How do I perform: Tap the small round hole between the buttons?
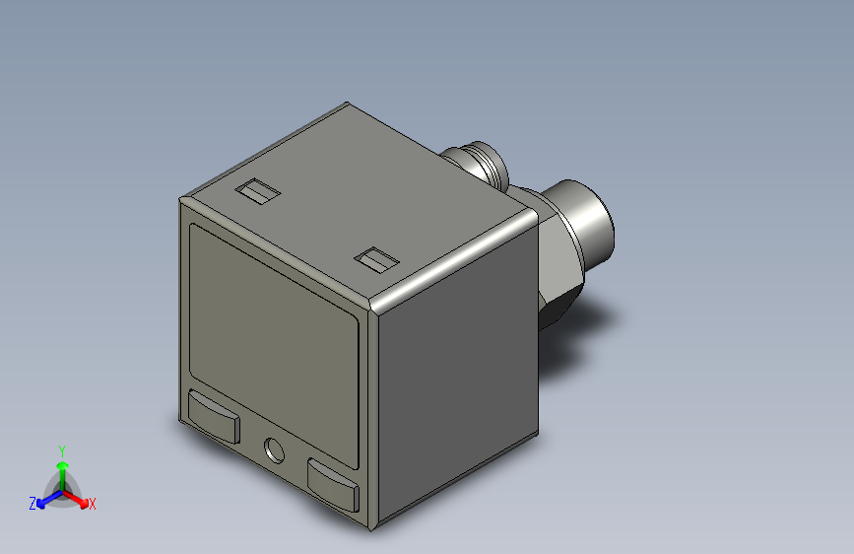(x=273, y=450)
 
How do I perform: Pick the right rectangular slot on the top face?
(x=377, y=260)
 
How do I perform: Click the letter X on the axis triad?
(x=93, y=505)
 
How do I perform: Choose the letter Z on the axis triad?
(x=33, y=504)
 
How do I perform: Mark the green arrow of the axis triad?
(x=62, y=468)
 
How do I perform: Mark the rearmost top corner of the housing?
(x=344, y=103)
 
